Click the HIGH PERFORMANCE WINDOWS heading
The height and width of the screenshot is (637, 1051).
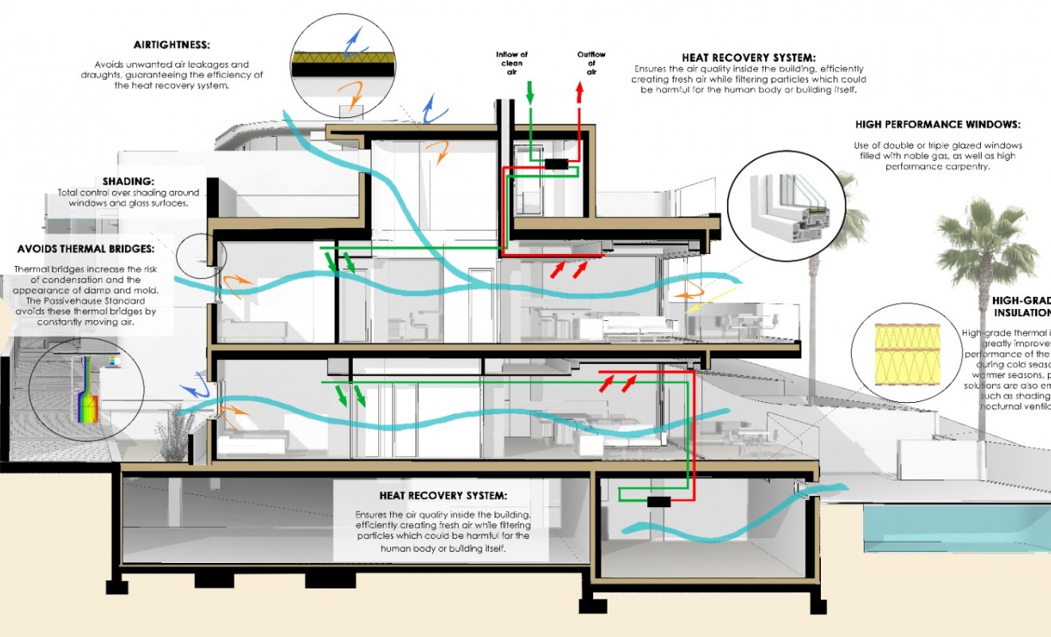click(937, 125)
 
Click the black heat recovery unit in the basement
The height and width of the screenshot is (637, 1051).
click(658, 502)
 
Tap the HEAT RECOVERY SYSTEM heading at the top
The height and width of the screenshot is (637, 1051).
click(748, 57)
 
